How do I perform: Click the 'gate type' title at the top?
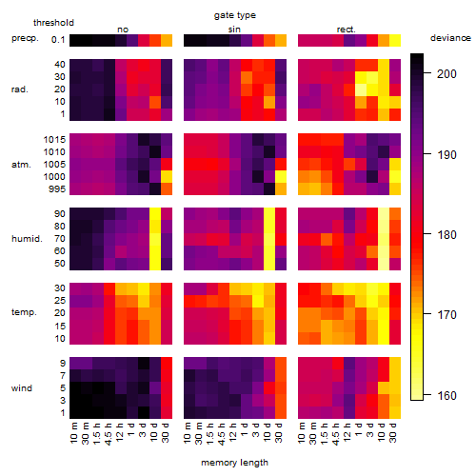click(235, 15)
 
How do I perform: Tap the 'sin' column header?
click(234, 30)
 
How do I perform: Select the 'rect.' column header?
click(346, 30)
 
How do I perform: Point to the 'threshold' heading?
click(53, 23)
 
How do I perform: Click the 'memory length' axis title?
click(234, 463)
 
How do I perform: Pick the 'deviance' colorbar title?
click(450, 38)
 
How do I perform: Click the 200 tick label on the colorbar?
click(446, 74)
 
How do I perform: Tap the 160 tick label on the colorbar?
click(446, 396)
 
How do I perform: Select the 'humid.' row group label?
click(27, 239)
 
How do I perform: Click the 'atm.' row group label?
click(21, 165)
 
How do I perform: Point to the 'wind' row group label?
click(22, 388)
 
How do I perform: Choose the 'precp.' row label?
click(25, 38)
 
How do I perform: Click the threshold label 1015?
click(54, 140)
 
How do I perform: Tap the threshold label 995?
click(57, 189)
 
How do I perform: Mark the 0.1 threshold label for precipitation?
click(58, 40)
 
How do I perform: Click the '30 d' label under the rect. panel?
click(393, 432)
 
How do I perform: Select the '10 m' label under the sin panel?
click(188, 432)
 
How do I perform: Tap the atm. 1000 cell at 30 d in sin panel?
click(281, 177)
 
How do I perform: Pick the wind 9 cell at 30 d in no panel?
click(167, 364)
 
